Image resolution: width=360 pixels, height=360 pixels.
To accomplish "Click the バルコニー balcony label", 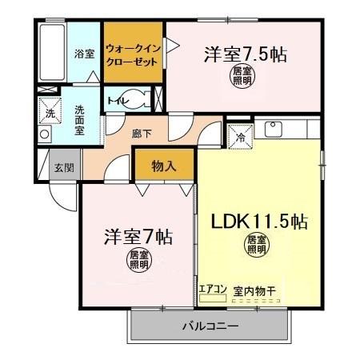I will pyautogui.click(x=210, y=326).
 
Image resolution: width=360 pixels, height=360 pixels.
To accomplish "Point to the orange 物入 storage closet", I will pyautogui.click(x=164, y=166).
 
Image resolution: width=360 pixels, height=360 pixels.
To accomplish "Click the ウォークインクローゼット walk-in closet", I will pyautogui.click(x=133, y=50).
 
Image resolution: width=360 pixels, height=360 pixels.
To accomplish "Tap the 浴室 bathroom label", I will pyautogui.click(x=84, y=54).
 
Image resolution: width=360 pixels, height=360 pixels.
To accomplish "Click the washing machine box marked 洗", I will pyautogui.click(x=50, y=112).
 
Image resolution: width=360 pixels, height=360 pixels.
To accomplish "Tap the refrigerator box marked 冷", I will pyautogui.click(x=238, y=137).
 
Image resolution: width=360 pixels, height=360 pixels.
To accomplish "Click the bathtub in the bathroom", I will pyautogui.click(x=52, y=52).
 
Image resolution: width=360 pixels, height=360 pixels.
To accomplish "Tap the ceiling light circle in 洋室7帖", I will pyautogui.click(x=138, y=259).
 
